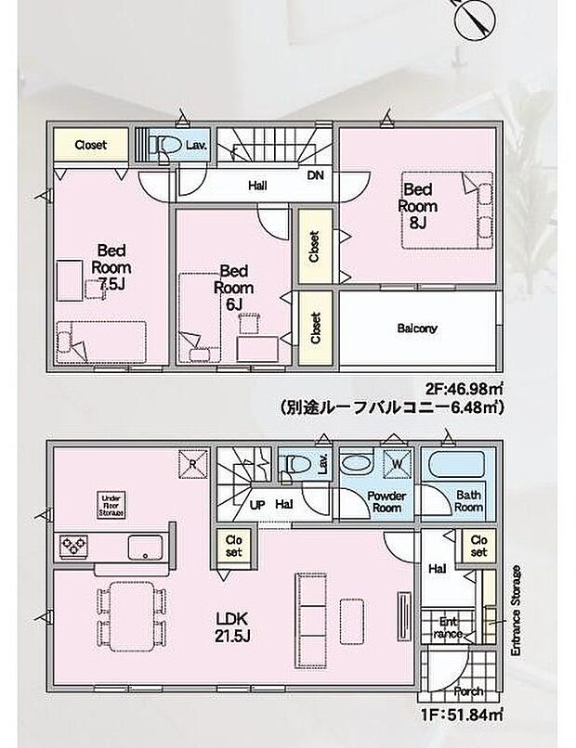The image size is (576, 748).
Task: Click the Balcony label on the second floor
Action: pyautogui.click(x=417, y=329)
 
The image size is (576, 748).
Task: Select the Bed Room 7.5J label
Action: pyautogui.click(x=112, y=267)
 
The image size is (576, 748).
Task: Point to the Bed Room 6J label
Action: pyautogui.click(x=233, y=287)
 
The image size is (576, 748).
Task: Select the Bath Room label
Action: pyautogui.click(x=468, y=501)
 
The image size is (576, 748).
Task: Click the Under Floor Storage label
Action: pyautogui.click(x=112, y=505)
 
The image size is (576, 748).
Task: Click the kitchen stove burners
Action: pyautogui.click(x=73, y=545)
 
